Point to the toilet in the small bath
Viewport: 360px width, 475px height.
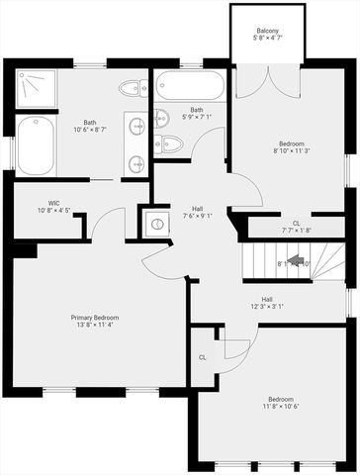(168, 144)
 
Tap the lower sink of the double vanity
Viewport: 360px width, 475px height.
(136, 158)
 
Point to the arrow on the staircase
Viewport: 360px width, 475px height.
(295, 262)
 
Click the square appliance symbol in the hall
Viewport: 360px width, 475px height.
(154, 222)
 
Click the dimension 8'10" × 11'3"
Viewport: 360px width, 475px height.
(292, 151)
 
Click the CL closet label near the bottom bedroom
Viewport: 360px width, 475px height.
(202, 357)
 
